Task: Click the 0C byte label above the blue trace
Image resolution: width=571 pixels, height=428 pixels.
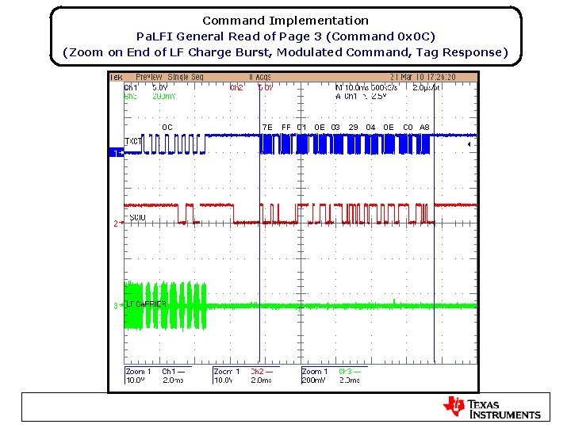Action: pyautogui.click(x=167, y=127)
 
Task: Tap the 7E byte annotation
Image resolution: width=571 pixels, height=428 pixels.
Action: pyautogui.click(x=267, y=127)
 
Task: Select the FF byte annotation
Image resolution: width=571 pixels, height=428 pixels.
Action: pyautogui.click(x=286, y=127)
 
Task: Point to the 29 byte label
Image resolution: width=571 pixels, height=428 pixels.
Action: pyautogui.click(x=354, y=127)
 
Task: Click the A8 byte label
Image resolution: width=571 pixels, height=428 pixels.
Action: pyautogui.click(x=424, y=127)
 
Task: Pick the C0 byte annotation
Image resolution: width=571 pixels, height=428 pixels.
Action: pyautogui.click(x=408, y=127)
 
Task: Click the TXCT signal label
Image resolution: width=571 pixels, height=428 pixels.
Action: pyautogui.click(x=133, y=141)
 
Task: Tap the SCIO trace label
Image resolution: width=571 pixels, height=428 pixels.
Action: pyautogui.click(x=136, y=218)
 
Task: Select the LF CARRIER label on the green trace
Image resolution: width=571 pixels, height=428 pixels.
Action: pyautogui.click(x=147, y=304)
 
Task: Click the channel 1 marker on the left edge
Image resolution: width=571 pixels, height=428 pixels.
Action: pyautogui.click(x=116, y=152)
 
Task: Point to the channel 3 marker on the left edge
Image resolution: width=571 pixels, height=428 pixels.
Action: pyautogui.click(x=116, y=305)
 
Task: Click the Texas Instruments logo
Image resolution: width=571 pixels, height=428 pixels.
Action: pyautogui.click(x=492, y=407)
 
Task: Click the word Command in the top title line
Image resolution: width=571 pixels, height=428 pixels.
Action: pyautogui.click(x=234, y=21)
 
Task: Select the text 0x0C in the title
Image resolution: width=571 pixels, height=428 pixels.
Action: pyautogui.click(x=416, y=36)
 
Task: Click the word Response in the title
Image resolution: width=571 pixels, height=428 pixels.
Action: pyautogui.click(x=473, y=52)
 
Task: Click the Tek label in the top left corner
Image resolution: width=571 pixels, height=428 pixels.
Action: pyautogui.click(x=116, y=77)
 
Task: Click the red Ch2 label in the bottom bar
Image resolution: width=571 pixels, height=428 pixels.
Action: pyautogui.click(x=258, y=371)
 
